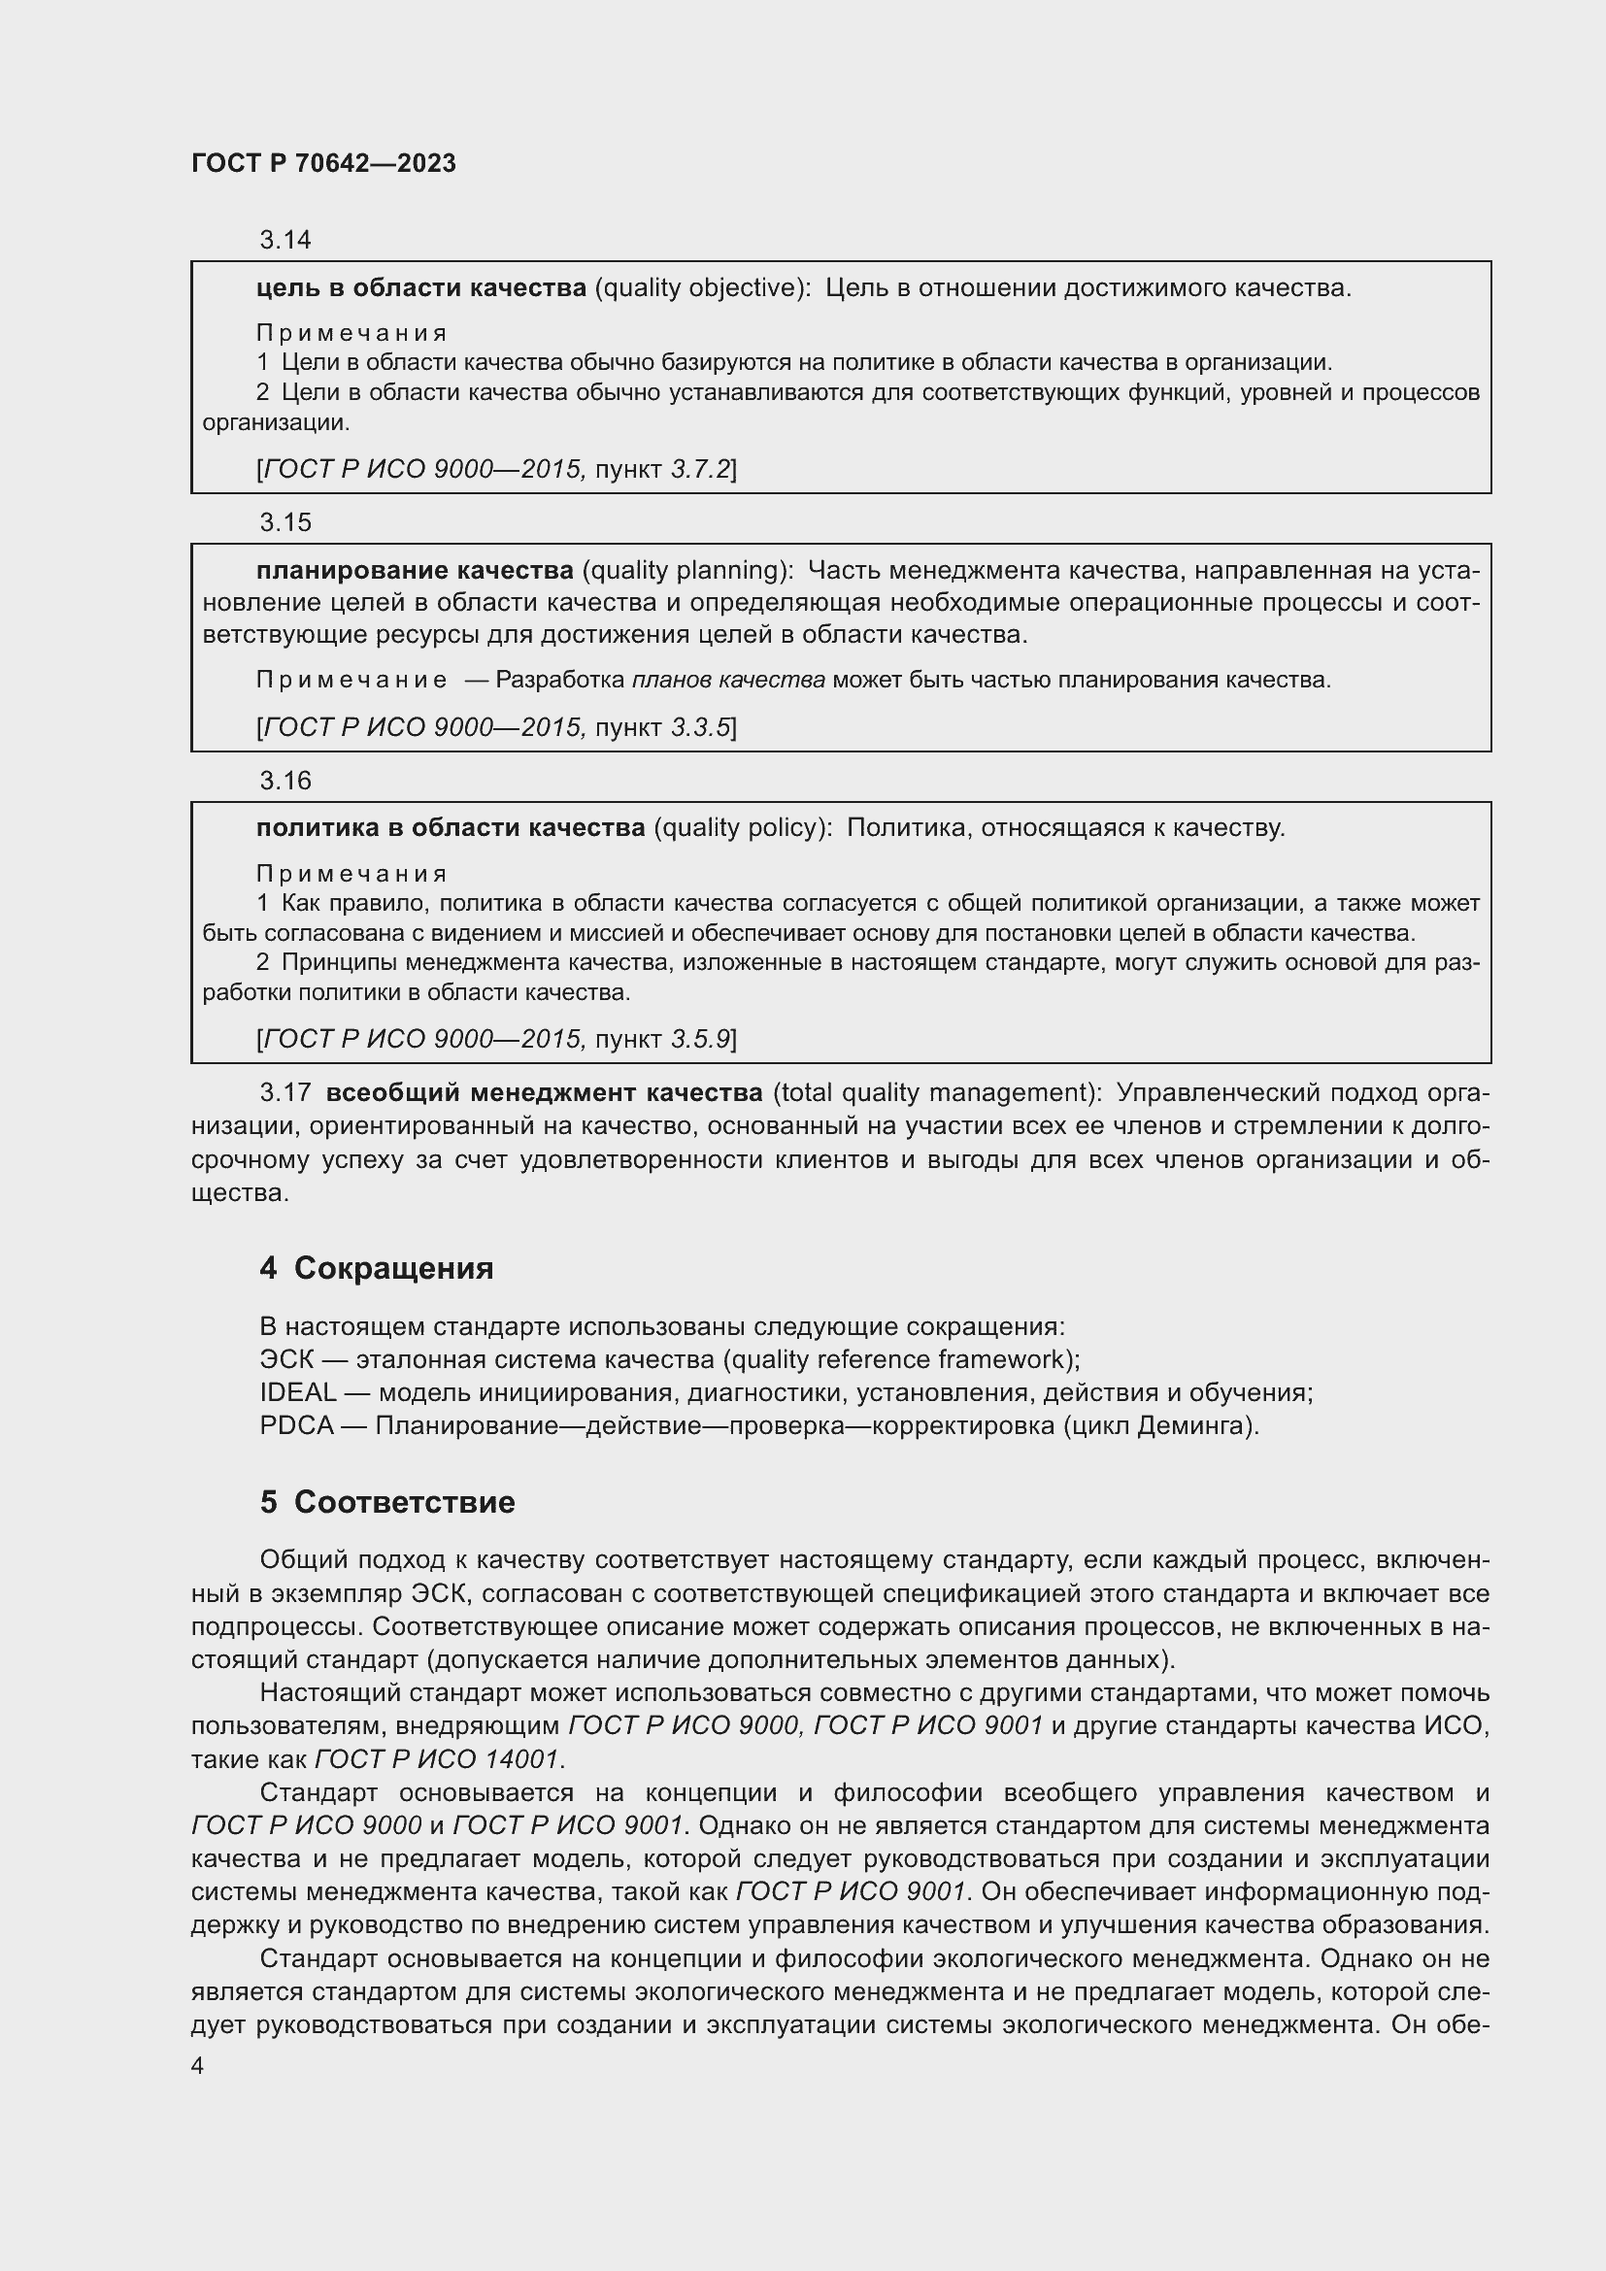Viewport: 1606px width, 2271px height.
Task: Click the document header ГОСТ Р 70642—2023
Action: (323, 163)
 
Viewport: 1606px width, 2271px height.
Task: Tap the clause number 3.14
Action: (284, 240)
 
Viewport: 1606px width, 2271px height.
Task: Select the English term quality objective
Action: (699, 287)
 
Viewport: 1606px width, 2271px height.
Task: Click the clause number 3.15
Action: (284, 522)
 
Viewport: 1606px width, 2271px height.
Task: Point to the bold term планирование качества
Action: (415, 571)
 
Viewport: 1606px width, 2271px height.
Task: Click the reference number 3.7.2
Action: (699, 469)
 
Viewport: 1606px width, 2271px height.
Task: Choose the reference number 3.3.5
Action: (699, 728)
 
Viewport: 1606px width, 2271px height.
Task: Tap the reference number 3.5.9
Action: (699, 1039)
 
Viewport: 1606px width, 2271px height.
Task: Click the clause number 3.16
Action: (284, 781)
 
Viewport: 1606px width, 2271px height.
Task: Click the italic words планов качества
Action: (728, 681)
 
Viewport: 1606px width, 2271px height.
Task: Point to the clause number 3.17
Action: (284, 1093)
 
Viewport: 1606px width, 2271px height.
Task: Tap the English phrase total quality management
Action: (936, 1093)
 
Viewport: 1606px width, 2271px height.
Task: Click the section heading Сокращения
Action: (393, 1268)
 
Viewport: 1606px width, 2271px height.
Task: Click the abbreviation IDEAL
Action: (298, 1392)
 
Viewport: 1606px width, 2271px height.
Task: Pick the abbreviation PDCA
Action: (296, 1426)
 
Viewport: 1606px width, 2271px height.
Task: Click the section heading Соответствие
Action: (405, 1502)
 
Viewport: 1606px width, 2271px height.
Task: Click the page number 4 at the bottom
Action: (198, 2066)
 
